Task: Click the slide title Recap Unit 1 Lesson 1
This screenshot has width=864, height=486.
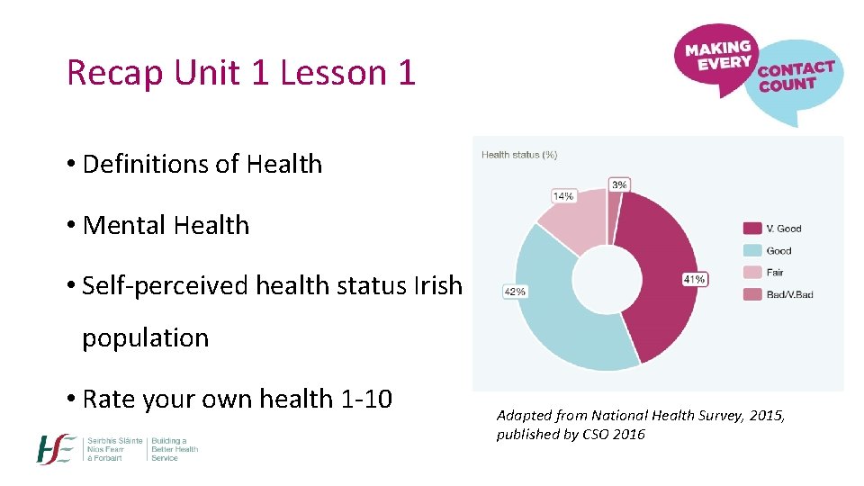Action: pyautogui.click(x=241, y=73)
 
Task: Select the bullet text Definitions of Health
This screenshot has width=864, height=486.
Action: pyautogui.click(x=202, y=164)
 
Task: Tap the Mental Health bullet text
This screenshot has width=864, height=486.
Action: pyautogui.click(x=166, y=225)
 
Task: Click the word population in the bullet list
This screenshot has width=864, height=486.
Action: pyautogui.click(x=145, y=338)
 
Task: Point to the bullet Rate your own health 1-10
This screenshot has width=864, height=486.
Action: pyautogui.click(x=237, y=399)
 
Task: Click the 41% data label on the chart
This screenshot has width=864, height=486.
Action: pyautogui.click(x=694, y=279)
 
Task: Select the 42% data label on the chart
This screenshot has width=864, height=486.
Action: pyautogui.click(x=516, y=292)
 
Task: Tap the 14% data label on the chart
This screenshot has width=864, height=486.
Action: pyautogui.click(x=563, y=195)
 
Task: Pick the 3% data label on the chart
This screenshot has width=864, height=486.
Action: pyautogui.click(x=619, y=184)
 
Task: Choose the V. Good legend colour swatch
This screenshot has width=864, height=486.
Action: pyautogui.click(x=751, y=229)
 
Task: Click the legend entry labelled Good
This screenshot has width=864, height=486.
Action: pyautogui.click(x=778, y=250)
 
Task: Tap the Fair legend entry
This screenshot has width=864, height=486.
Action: pyautogui.click(x=774, y=272)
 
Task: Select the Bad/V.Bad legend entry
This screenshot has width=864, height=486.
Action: pyautogui.click(x=789, y=294)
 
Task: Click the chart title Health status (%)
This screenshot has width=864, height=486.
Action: pyautogui.click(x=519, y=155)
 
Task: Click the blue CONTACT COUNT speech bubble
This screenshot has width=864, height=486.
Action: pyautogui.click(x=796, y=85)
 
